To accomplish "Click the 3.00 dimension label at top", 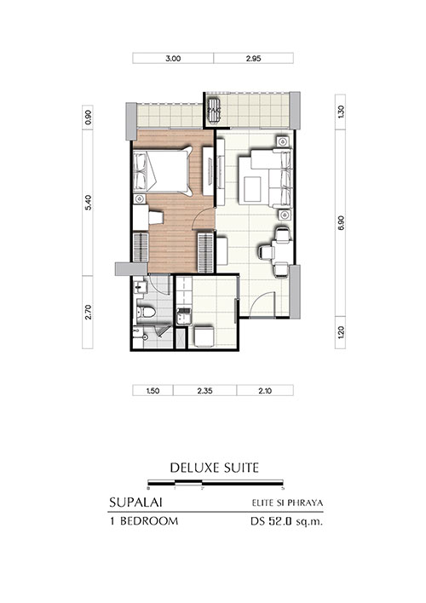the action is click(173, 59).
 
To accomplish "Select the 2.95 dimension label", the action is click(253, 59).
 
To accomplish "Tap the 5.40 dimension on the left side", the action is click(88, 203).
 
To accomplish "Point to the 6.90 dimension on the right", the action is click(341, 222).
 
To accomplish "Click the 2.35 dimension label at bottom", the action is click(204, 391).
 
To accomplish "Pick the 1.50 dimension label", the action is click(153, 391).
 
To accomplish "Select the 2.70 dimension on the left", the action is click(88, 312).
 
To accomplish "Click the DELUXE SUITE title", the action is click(215, 468).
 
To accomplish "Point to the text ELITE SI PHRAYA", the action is click(287, 502).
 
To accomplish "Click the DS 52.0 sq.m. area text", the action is click(286, 522).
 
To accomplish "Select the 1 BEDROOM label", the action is click(144, 521).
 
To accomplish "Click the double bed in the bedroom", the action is click(163, 171).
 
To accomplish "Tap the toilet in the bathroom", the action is click(147, 312).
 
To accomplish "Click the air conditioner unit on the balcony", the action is click(213, 110).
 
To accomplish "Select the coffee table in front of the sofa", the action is click(252, 187).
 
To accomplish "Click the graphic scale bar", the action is click(216, 482).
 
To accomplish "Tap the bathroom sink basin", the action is click(140, 286).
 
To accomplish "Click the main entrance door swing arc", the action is click(260, 299).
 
